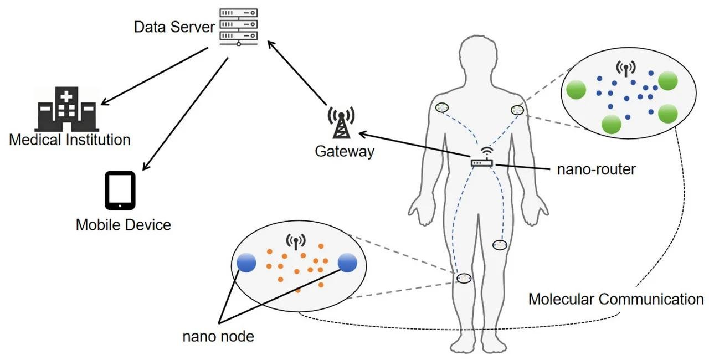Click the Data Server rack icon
[x=239, y=27]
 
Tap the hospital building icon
[x=67, y=109]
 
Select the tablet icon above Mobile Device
[x=120, y=191]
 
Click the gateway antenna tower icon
[x=341, y=123]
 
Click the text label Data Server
[x=174, y=27]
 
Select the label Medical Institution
[x=70, y=140]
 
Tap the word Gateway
[x=345, y=151]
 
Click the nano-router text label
[x=597, y=169]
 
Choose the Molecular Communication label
[x=616, y=299]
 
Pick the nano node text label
[x=218, y=336]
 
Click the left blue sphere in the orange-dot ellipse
[x=246, y=263]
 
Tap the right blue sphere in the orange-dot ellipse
[x=347, y=263]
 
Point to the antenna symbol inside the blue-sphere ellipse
[x=296, y=242]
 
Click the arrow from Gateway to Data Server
[x=297, y=73]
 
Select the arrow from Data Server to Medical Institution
[x=154, y=76]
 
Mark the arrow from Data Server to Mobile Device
[x=185, y=114]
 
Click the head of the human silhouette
[x=478, y=59]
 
